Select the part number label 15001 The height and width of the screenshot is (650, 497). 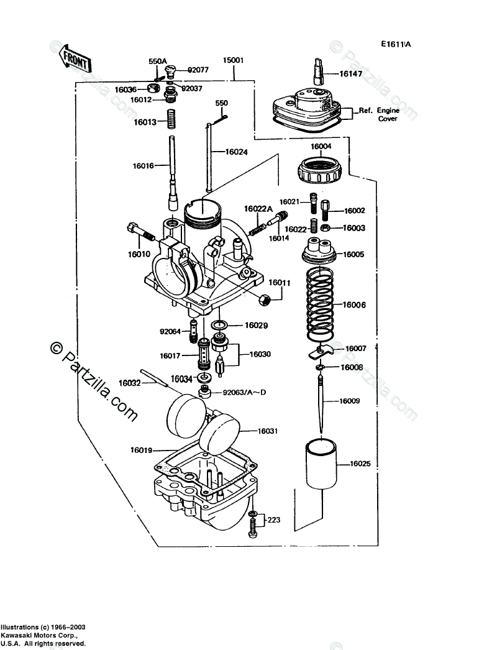pyautogui.click(x=234, y=61)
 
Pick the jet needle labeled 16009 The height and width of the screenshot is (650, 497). pyautogui.click(x=321, y=404)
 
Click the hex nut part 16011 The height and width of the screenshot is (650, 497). pyautogui.click(x=263, y=300)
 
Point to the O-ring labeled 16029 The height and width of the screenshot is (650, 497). pyautogui.click(x=219, y=325)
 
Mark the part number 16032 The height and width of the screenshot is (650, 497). pyautogui.click(x=129, y=383)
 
